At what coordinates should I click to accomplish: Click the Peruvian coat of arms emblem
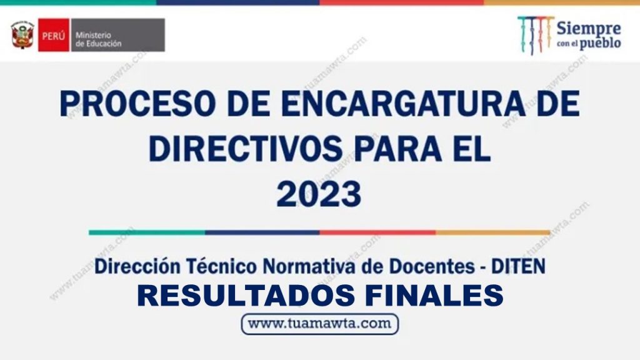[22, 35]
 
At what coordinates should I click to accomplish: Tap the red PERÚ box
[54, 35]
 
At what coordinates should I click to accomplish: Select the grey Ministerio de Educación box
[118, 35]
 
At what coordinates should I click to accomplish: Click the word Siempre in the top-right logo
[589, 29]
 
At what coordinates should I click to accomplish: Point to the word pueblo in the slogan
[600, 43]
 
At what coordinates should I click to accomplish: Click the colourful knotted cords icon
[536, 35]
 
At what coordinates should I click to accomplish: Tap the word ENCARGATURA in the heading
[403, 104]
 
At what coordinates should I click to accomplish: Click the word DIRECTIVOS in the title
[246, 148]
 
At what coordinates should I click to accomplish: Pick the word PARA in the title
[398, 148]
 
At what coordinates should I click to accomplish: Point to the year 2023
[319, 194]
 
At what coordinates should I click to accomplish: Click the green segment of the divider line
[147, 232]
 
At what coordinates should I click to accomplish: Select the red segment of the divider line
[377, 232]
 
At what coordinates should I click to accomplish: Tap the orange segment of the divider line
[493, 232]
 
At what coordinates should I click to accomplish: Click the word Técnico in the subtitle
[222, 266]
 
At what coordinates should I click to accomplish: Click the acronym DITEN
[518, 266]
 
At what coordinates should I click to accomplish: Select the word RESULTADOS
[246, 296]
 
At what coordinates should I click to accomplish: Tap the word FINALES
[434, 296]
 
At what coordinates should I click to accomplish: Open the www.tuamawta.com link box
[319, 324]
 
